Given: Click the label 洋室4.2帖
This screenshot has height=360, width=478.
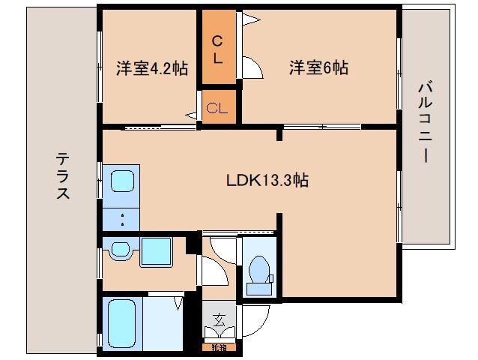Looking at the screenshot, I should coord(151,68).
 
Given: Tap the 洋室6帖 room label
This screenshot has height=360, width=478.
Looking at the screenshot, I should coord(319,68).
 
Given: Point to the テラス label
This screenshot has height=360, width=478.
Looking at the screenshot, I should coord(63,175).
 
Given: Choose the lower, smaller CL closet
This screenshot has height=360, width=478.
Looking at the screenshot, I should coord(217,106).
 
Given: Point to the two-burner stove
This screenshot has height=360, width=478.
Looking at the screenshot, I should coord(121,219).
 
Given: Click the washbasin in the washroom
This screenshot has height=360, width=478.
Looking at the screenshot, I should coord(120,250).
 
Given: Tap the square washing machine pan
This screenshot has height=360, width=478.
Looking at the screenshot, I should coord(156,250).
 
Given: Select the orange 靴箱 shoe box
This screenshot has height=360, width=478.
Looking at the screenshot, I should coord(218,346).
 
